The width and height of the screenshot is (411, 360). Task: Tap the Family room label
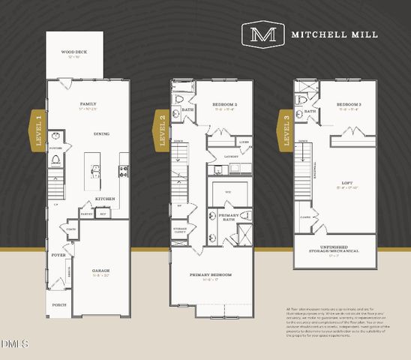click(x=89, y=104)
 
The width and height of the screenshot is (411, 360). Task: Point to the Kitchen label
click(x=104, y=199)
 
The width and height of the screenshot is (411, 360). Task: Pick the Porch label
click(x=59, y=305)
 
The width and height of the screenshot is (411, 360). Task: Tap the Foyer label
click(x=58, y=255)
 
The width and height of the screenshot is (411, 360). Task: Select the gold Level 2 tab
click(x=161, y=131)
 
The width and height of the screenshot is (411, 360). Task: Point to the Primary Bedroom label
click(x=210, y=275)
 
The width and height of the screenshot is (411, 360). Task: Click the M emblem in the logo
click(x=262, y=34)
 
